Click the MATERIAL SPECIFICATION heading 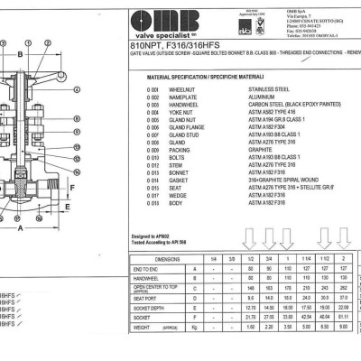[x=203, y=79]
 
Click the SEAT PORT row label [x=148, y=297]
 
